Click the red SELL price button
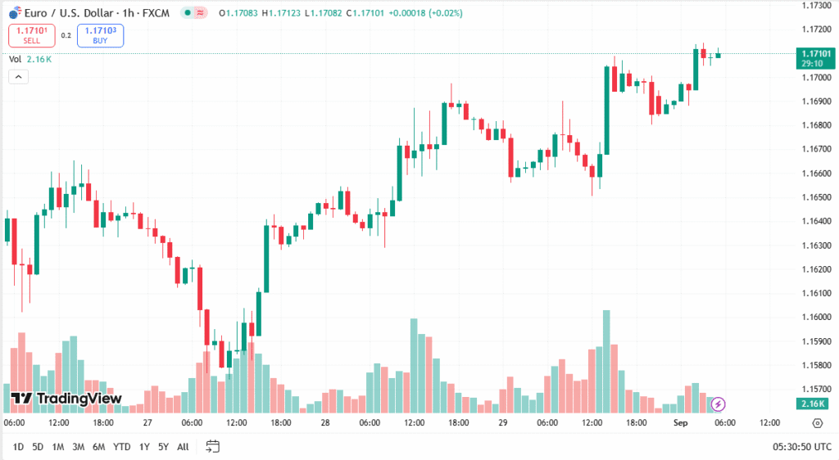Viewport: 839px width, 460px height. coord(31,35)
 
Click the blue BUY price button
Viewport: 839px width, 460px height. coord(100,35)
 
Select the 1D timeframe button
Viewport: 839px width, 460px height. coord(17,447)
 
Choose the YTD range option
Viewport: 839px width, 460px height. coord(121,447)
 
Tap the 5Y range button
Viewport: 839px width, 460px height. coord(164,447)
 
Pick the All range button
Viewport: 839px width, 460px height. coord(183,447)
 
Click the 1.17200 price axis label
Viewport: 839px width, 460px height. coord(815,29)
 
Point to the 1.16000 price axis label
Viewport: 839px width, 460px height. coord(815,318)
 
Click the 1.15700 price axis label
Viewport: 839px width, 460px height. coord(815,389)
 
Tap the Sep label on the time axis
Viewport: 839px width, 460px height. coord(680,423)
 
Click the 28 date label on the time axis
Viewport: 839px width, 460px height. coord(325,423)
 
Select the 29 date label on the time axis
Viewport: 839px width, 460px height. coord(503,423)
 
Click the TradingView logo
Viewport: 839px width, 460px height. coord(67,399)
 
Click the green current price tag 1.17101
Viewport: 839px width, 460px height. coord(815,58)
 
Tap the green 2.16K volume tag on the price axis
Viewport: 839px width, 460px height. coord(815,404)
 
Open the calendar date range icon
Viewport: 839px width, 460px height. coord(213,447)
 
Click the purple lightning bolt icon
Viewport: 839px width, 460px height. coord(719,404)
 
